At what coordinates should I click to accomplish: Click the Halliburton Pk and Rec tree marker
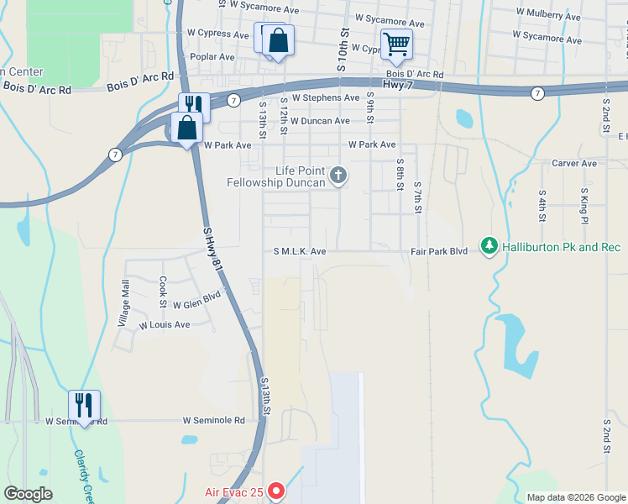[489, 246]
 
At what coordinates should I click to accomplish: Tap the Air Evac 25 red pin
[276, 492]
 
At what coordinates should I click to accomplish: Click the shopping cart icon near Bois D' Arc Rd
[396, 44]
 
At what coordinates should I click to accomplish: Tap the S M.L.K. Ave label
[299, 251]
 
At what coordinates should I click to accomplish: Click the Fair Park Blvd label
[439, 251]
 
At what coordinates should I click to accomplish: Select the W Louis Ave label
[165, 324]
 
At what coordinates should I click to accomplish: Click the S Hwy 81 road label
[215, 246]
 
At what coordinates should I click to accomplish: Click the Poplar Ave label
[213, 57]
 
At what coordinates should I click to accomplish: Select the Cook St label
[164, 287]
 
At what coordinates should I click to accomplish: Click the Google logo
[29, 494]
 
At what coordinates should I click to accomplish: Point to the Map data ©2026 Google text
[574, 497]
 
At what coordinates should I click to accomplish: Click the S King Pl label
[583, 206]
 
